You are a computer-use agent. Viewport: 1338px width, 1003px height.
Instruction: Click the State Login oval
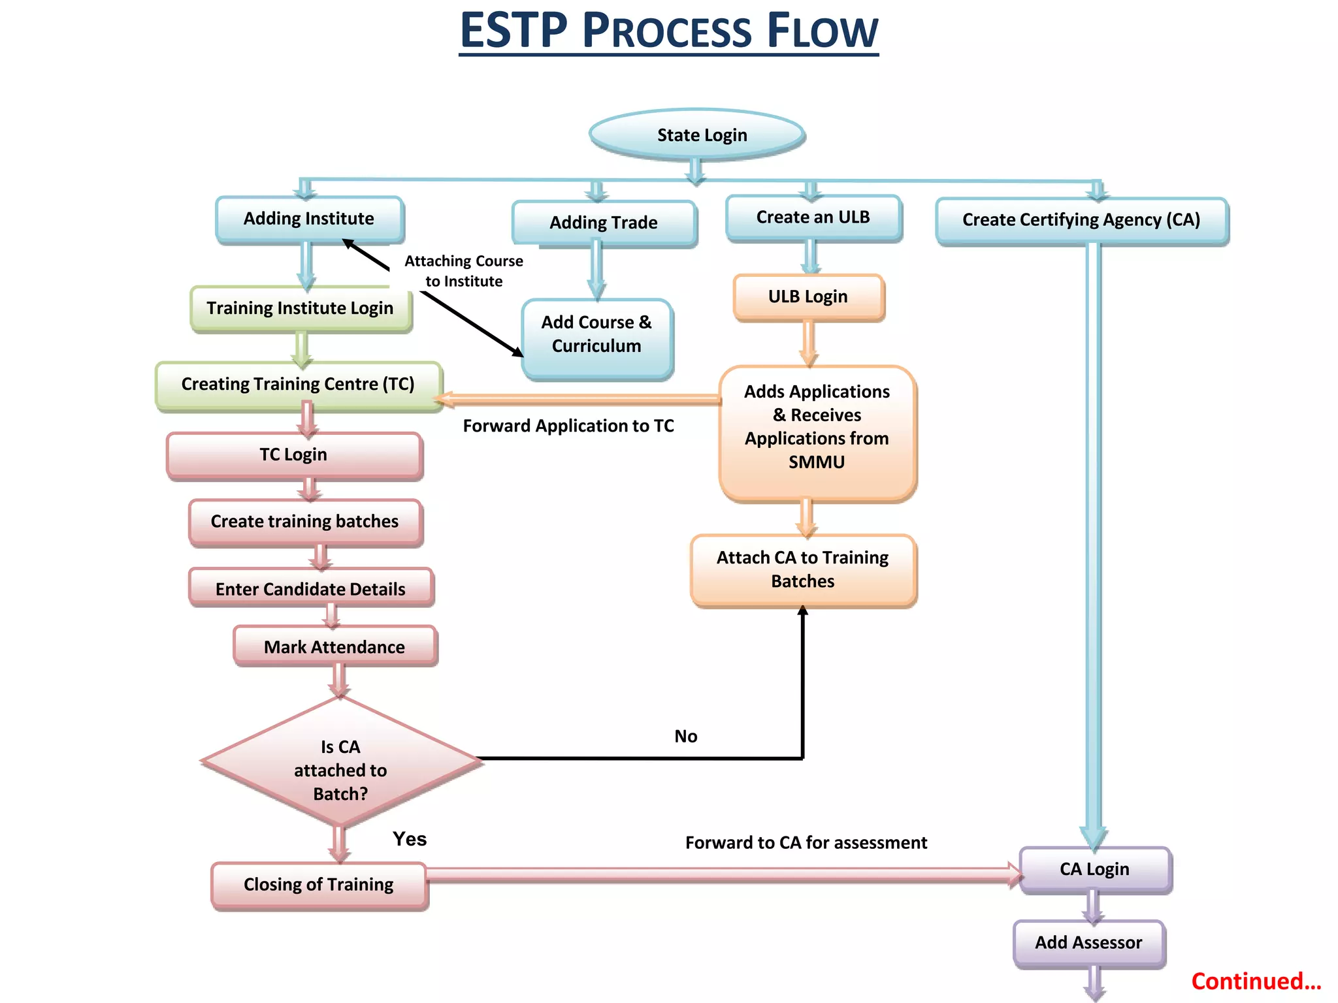pos(697,135)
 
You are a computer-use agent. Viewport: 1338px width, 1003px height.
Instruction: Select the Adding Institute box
pos(309,219)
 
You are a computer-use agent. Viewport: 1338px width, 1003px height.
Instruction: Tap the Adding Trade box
pos(604,223)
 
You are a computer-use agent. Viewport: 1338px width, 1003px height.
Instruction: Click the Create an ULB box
pos(813,217)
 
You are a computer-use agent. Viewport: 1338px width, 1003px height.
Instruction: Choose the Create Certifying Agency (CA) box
pos(1081,220)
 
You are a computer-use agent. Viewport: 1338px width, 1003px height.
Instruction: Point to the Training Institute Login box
pos(301,308)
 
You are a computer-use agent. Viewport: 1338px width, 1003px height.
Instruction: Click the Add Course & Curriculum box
pos(596,334)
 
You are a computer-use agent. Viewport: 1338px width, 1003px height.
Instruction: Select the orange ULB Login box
pos(808,297)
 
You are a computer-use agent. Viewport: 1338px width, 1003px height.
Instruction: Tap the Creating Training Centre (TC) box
pos(298,384)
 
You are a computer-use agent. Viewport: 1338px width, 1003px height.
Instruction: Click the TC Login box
pos(293,454)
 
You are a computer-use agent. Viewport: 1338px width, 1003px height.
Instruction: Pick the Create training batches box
pos(304,522)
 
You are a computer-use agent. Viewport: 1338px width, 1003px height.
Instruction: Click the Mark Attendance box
pos(334,647)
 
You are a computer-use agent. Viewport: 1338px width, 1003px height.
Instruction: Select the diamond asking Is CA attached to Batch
pos(340,764)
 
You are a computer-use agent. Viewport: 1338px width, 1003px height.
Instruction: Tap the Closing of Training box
pos(319,885)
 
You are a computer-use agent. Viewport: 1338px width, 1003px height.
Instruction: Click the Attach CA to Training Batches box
pos(803,569)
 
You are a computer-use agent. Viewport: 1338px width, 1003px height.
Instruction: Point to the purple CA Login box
pos(1094,869)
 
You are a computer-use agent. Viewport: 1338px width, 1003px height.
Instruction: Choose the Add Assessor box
pos(1088,943)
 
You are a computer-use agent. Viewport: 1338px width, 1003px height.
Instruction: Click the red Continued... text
pos(1256,981)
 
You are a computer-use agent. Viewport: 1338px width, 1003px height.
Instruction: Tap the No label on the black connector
pos(686,737)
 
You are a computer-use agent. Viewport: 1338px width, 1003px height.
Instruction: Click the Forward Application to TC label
pos(568,426)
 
